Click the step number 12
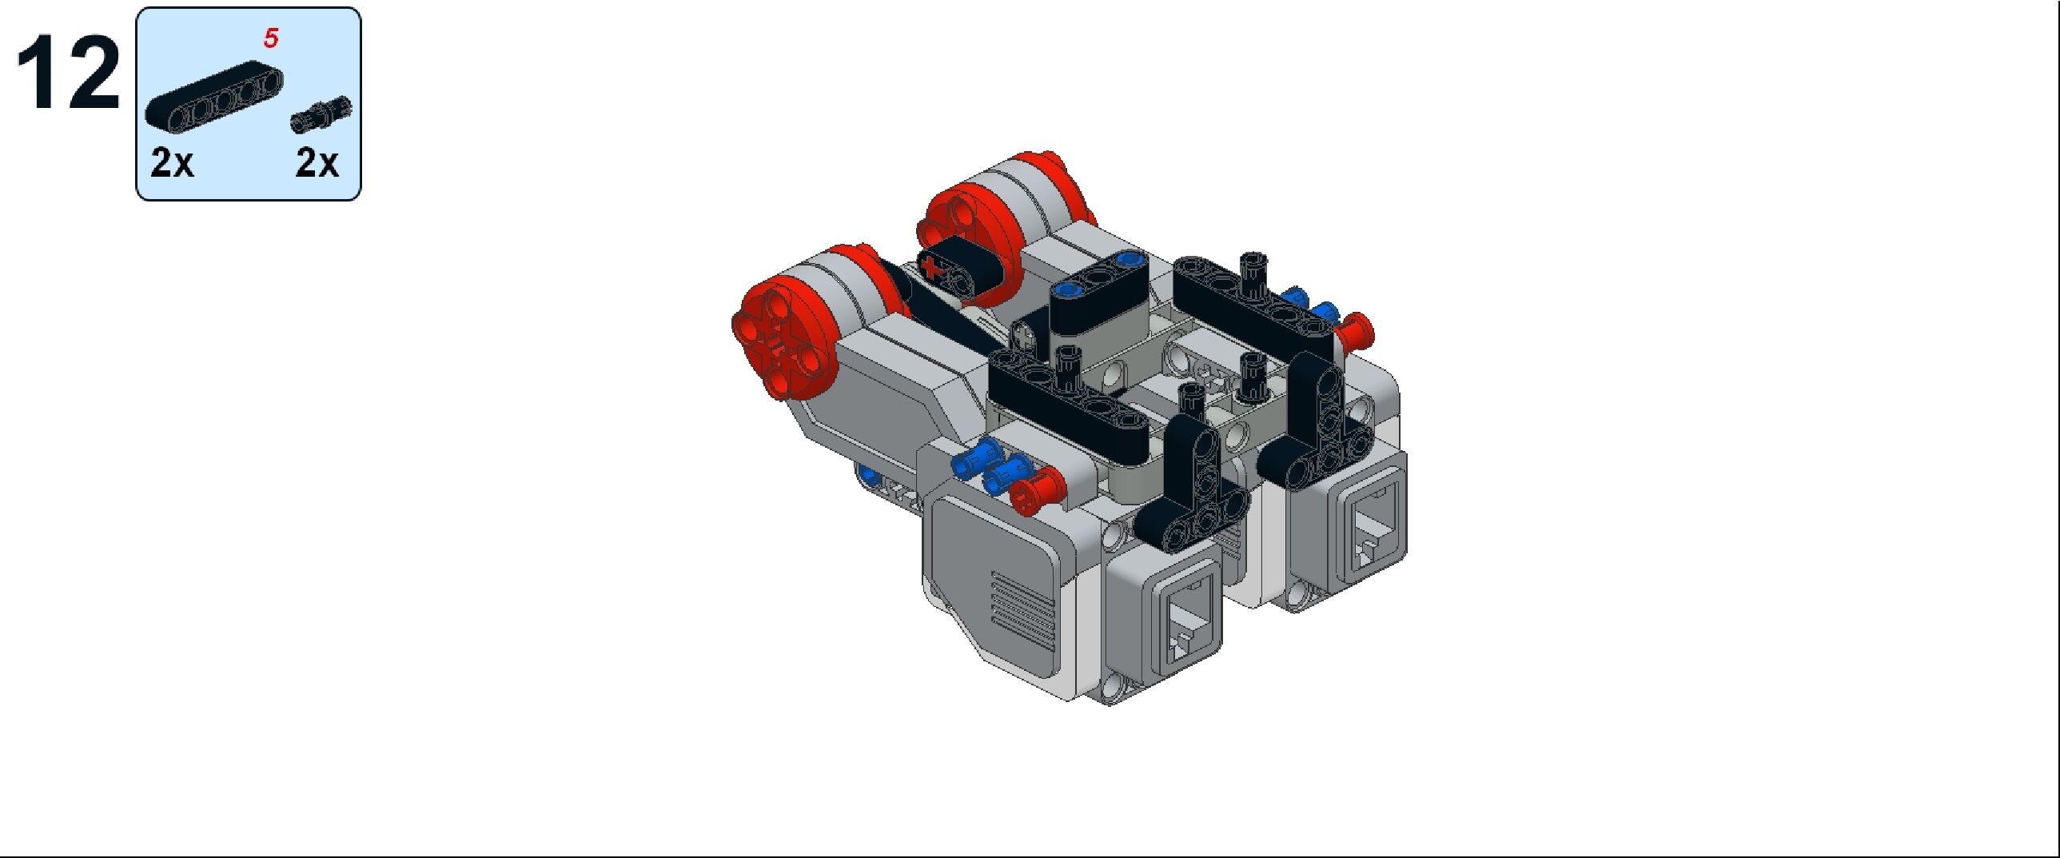tap(68, 74)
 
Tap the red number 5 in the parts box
tap(271, 38)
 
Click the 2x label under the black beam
tap(172, 163)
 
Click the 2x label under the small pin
tap(317, 163)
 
